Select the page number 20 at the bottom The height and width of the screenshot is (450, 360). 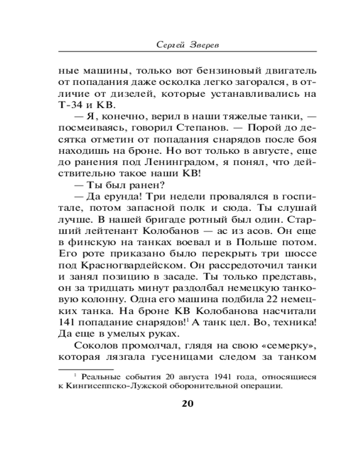[x=187, y=403]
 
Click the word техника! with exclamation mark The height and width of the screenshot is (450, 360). [x=291, y=322]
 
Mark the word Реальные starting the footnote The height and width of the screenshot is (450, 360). [x=100, y=376]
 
